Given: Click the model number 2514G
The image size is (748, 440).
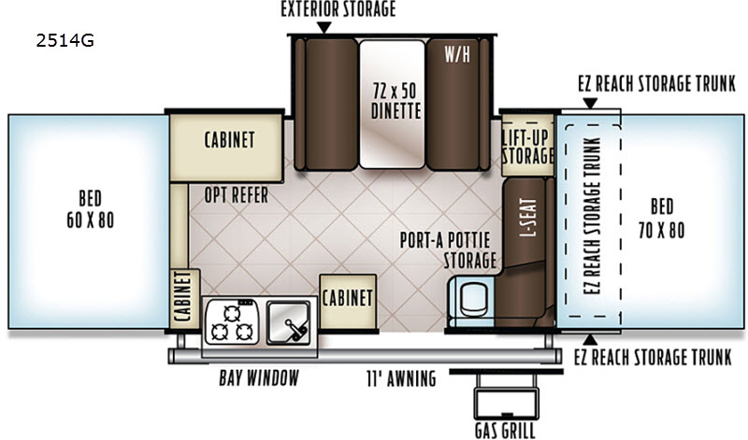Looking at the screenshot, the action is tap(65, 41).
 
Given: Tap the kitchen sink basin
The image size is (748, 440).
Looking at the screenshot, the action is tap(288, 321).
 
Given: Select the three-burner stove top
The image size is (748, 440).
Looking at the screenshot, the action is tap(232, 322).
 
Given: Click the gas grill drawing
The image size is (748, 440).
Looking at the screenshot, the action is tap(506, 395).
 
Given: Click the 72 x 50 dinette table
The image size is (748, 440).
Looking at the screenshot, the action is tap(392, 105).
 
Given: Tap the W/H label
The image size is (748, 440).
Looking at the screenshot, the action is tap(457, 54).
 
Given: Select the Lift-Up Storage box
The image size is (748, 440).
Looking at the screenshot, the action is tap(527, 145).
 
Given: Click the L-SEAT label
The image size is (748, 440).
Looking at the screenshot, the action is tap(528, 218).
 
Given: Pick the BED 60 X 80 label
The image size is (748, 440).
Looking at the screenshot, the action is tap(90, 209).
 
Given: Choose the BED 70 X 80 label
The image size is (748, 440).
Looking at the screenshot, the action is tap(661, 219).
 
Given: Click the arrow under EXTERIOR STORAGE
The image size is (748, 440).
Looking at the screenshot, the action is tap(324, 28).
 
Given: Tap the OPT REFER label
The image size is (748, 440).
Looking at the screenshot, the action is tap(237, 195).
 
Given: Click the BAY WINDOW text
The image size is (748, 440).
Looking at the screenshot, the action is tap(259, 377).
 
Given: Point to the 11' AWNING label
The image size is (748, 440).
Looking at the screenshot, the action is tap(401, 378).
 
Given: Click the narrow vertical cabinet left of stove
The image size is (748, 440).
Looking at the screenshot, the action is tap(184, 299).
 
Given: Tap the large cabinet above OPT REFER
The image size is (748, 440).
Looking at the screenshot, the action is tap(226, 148).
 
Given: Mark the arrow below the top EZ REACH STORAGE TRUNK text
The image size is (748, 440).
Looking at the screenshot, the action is tap(590, 103).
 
